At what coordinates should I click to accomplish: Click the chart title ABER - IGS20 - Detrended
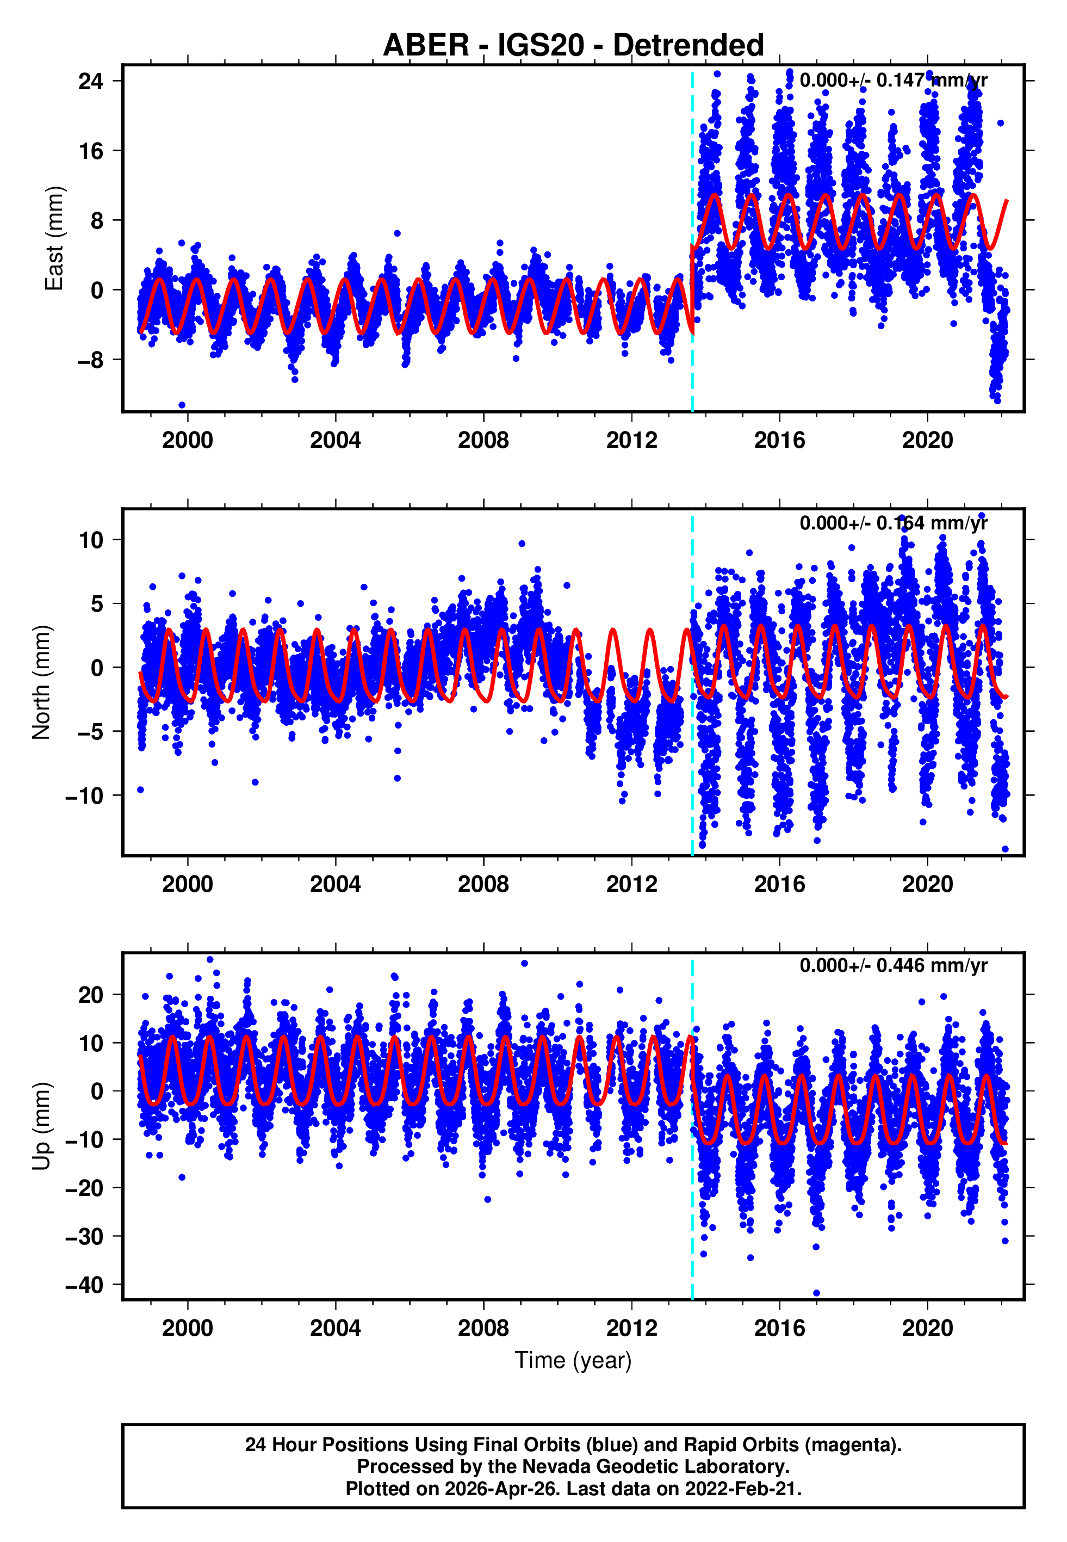(573, 46)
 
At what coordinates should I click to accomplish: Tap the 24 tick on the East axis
(90, 82)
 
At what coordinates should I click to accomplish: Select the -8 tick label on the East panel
(90, 360)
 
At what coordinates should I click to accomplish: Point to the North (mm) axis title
(41, 682)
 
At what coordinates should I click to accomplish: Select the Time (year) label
(573, 1361)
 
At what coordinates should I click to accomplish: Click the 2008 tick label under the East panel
(483, 440)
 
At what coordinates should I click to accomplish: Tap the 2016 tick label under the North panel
(779, 884)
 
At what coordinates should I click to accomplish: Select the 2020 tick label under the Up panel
(927, 1328)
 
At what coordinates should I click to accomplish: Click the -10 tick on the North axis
(84, 795)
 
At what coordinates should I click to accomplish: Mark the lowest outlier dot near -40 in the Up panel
(816, 1293)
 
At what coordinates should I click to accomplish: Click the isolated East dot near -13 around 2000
(182, 405)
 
